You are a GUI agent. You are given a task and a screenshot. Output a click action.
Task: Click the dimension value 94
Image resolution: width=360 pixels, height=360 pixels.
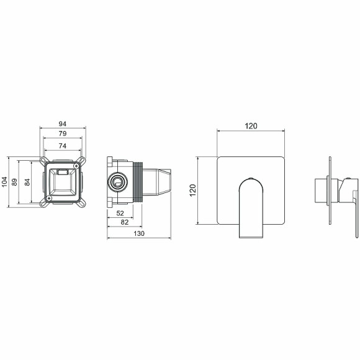pyautogui.click(x=62, y=124)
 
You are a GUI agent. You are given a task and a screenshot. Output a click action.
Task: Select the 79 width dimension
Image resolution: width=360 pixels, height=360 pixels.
pyautogui.click(x=62, y=134)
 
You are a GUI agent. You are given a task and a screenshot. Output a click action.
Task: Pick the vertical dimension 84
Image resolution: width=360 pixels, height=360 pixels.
pyautogui.click(x=27, y=182)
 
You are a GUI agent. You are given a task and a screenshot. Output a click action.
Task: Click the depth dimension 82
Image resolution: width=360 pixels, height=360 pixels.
pyautogui.click(x=124, y=222)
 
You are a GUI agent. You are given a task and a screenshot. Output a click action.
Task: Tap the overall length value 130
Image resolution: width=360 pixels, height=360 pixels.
pyautogui.click(x=139, y=233)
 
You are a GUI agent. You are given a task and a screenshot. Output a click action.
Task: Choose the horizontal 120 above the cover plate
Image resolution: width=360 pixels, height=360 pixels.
pyautogui.click(x=250, y=126)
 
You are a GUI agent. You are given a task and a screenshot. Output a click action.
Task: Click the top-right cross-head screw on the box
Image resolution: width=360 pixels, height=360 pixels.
pyautogui.click(x=76, y=165)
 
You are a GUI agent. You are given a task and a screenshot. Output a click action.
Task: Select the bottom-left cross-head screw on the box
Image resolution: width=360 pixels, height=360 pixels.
pyautogui.click(x=47, y=198)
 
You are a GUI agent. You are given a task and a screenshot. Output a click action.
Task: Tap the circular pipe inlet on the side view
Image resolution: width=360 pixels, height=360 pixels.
pyautogui.click(x=117, y=182)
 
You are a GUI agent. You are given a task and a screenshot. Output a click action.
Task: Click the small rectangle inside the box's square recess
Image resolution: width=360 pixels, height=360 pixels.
pyautogui.click(x=62, y=171)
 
